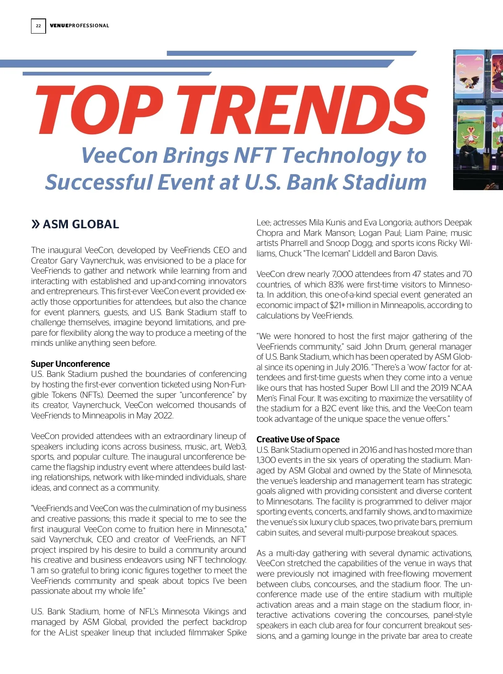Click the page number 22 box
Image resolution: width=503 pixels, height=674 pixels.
click(x=38, y=26)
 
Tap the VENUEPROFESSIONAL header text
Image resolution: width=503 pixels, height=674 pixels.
click(x=79, y=26)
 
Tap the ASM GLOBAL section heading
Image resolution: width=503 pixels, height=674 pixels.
click(x=81, y=224)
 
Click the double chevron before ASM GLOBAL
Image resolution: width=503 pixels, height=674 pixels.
click(x=36, y=224)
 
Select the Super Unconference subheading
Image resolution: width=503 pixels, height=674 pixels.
click(x=70, y=364)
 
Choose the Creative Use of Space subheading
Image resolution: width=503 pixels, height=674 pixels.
click(x=298, y=439)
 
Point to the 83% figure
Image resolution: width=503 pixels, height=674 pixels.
click(x=336, y=285)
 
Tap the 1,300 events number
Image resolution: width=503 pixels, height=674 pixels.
click(x=267, y=460)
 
